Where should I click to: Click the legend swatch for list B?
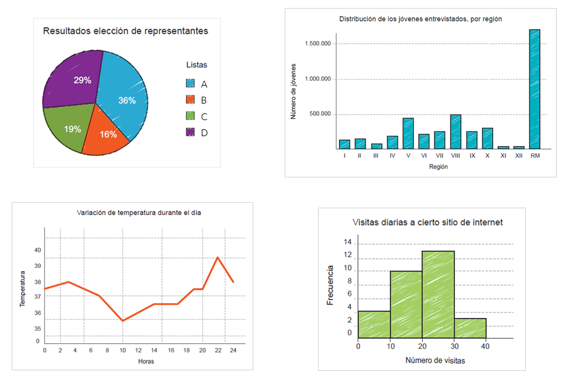(x=190, y=100)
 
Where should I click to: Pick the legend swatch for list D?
(x=190, y=132)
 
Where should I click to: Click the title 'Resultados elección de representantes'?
(x=125, y=31)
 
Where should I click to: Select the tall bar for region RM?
(x=534, y=89)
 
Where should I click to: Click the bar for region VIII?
(x=456, y=131)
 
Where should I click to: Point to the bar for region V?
(x=408, y=133)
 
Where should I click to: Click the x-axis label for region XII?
(x=519, y=156)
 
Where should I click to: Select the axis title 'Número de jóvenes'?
(x=293, y=91)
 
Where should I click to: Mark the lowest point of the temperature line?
(x=123, y=320)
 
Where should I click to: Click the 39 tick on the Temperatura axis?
(x=38, y=266)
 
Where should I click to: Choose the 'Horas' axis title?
(x=146, y=361)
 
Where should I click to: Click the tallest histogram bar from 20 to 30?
(x=438, y=295)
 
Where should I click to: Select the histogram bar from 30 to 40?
(x=470, y=328)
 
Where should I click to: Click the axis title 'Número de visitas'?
(x=435, y=360)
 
